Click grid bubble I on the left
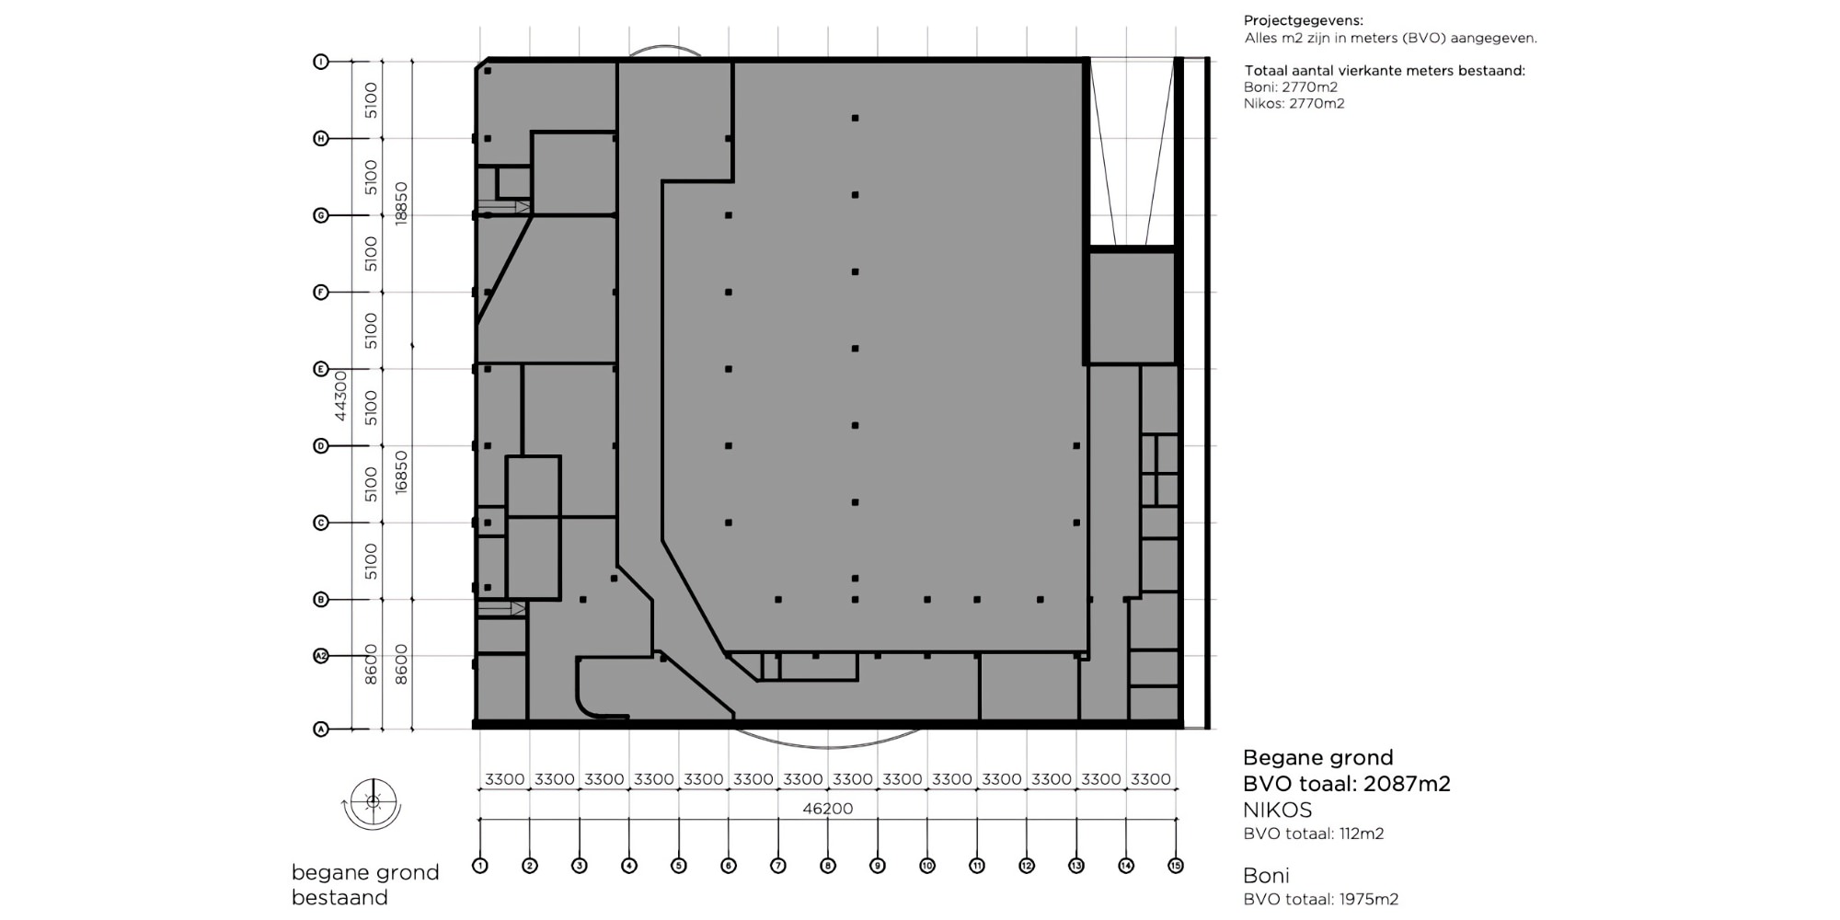click(x=321, y=62)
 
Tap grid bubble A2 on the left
click(x=321, y=656)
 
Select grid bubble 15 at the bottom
click(x=1175, y=866)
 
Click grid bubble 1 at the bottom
click(x=479, y=866)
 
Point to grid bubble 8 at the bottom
click(x=828, y=866)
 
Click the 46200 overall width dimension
click(x=827, y=809)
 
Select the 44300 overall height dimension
click(x=340, y=396)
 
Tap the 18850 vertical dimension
click(x=401, y=203)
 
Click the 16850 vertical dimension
click(x=401, y=472)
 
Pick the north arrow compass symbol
click(x=373, y=803)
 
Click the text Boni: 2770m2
click(x=1290, y=87)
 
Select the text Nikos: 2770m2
click(x=1294, y=104)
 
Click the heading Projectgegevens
click(x=1303, y=20)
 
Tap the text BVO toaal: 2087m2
click(x=1346, y=784)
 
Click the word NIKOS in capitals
click(x=1277, y=811)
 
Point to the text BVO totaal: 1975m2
click(x=1320, y=900)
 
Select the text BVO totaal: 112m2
click(x=1313, y=834)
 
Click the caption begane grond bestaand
click(x=364, y=884)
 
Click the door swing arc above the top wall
click(x=664, y=50)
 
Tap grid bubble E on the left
click(x=321, y=369)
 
